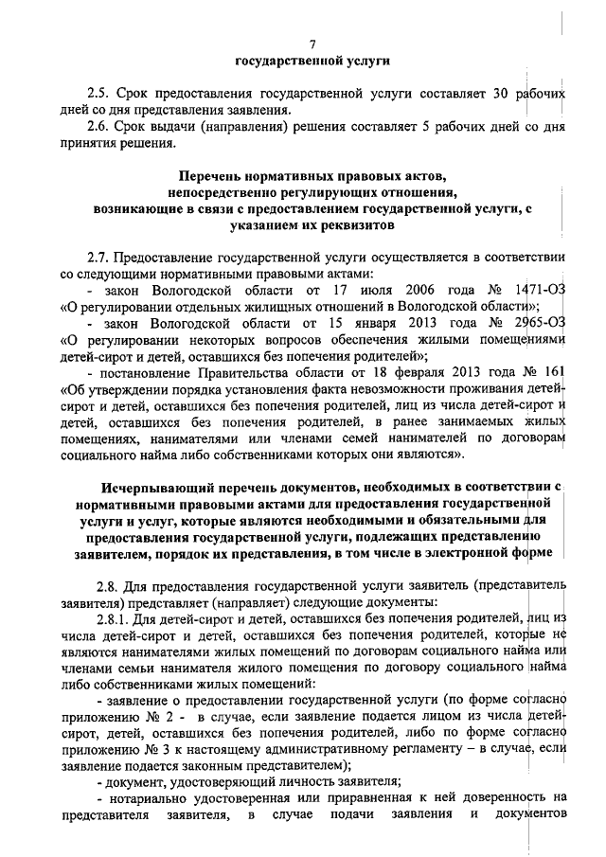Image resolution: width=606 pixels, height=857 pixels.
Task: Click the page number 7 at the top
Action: pos(312,43)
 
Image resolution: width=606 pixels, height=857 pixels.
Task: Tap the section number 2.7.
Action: pos(98,256)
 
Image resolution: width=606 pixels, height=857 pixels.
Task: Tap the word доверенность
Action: pos(500,798)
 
